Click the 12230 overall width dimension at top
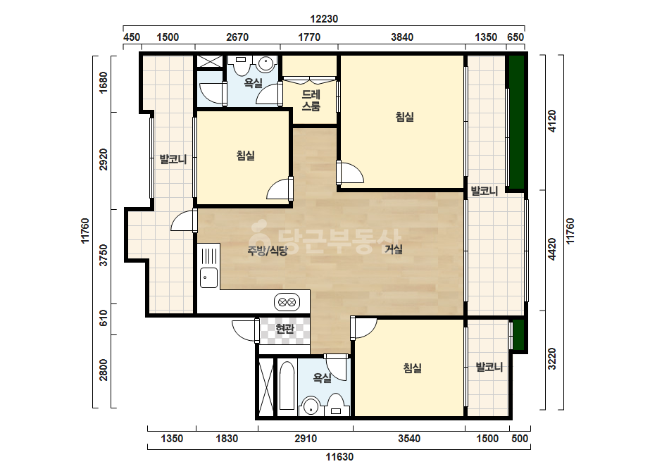(324, 18)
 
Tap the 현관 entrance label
(285, 329)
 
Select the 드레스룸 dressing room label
(311, 101)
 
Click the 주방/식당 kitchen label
(267, 251)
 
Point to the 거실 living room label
(394, 249)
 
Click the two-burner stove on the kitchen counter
(287, 302)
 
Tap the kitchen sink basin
(209, 277)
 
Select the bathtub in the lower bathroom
(286, 386)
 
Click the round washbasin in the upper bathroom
(265, 64)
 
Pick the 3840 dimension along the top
(401, 37)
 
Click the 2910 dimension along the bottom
(306, 439)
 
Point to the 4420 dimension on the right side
(551, 249)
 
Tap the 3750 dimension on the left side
(104, 255)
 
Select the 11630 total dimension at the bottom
(339, 457)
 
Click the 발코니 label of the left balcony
(173, 159)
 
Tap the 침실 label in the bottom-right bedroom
(413, 368)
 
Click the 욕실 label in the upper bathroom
(254, 83)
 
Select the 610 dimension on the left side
(104, 318)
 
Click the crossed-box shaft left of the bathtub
(266, 387)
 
